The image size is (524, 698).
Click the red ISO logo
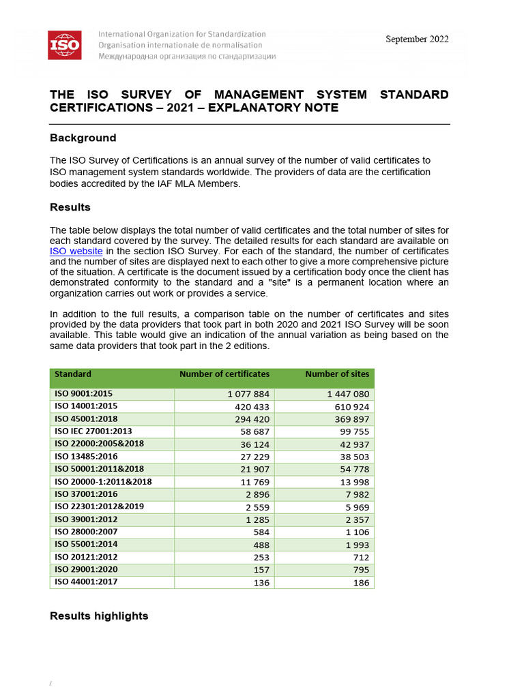pos(64,45)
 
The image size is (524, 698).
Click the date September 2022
pos(417,39)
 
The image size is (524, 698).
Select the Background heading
pos(83,138)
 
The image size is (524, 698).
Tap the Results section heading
pos(70,207)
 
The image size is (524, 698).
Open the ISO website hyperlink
pos(76,251)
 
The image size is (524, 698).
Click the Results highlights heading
pos(99,616)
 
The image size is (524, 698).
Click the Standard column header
pos(73,374)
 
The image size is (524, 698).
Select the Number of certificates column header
pos(224,374)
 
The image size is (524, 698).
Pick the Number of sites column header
pos(337,374)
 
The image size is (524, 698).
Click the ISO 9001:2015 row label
pos(84,394)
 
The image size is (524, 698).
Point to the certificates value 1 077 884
pos(248,395)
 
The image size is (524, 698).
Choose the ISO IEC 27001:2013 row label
pos(93,431)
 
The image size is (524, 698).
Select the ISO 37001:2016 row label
pos(86,494)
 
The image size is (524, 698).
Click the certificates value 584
pos(261,532)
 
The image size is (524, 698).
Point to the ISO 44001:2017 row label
pos(86,582)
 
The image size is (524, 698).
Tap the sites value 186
pos(360,583)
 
